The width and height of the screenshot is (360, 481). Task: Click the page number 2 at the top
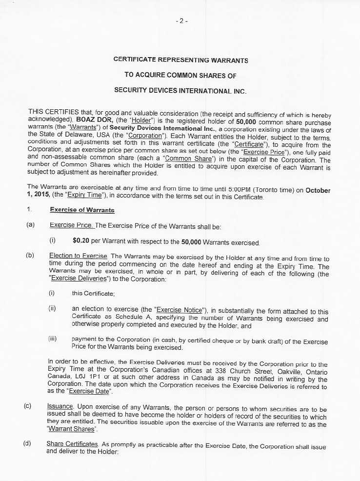pyautogui.click(x=181, y=21)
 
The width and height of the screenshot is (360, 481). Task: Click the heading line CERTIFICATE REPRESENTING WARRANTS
pyautogui.click(x=180, y=60)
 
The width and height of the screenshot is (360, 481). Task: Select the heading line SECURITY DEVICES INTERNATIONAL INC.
pyautogui.click(x=180, y=91)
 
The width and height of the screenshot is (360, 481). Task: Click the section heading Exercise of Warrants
pyautogui.click(x=82, y=210)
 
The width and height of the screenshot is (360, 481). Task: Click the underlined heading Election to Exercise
pyautogui.click(x=78, y=256)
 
